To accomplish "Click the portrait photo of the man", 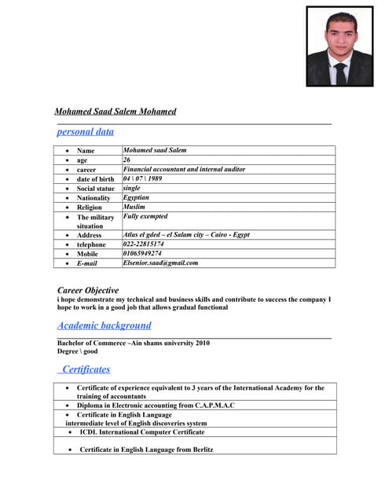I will coord(339,46).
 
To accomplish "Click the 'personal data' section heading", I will coord(86,132).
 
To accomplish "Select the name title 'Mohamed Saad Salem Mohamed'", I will coord(116,112).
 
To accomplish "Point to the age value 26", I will coord(127,160).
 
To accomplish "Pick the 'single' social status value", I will coord(131,188).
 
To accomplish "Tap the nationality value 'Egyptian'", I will coord(136,197).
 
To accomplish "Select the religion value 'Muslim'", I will coord(134,207).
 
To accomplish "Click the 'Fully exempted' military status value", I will coord(145,216).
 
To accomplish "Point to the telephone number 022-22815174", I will coord(144,244).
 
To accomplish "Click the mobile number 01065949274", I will coord(142,254).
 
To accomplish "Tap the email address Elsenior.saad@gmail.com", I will coord(160,263).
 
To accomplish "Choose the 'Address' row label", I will coord(89,235).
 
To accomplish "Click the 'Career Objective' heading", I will coord(88,290).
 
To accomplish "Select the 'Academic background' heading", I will coord(105,325).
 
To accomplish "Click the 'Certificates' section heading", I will coord(86,369).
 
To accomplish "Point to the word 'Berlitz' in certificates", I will coord(200,450).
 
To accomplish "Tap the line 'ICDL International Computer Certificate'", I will coord(142,432).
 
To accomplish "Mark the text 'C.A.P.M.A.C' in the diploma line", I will coord(213,406).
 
